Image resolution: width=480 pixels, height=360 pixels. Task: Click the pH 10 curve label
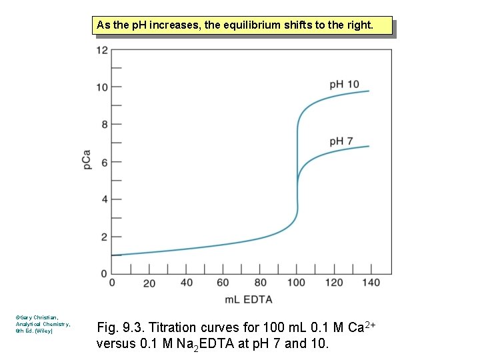click(344, 84)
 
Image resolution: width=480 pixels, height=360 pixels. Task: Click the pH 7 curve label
click(341, 141)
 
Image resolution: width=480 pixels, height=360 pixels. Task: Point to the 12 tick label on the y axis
click(102, 50)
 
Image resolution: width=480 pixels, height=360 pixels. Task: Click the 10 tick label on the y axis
click(102, 87)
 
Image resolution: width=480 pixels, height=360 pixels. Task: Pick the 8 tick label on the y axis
click(104, 125)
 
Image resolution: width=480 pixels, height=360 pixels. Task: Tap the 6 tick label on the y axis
click(104, 162)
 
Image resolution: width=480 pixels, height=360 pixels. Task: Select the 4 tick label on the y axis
click(104, 199)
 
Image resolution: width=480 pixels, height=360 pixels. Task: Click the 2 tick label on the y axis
click(104, 237)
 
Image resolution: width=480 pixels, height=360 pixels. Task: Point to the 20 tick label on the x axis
click(149, 283)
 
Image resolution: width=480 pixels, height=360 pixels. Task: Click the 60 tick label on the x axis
click(223, 283)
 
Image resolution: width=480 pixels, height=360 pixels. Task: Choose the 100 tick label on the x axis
click(297, 283)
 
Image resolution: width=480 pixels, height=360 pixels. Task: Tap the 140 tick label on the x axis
click(371, 283)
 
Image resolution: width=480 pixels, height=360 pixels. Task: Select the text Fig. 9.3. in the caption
click(121, 327)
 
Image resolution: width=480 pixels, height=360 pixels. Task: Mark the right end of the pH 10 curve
click(369, 91)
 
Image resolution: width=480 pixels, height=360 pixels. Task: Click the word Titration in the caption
click(173, 327)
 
